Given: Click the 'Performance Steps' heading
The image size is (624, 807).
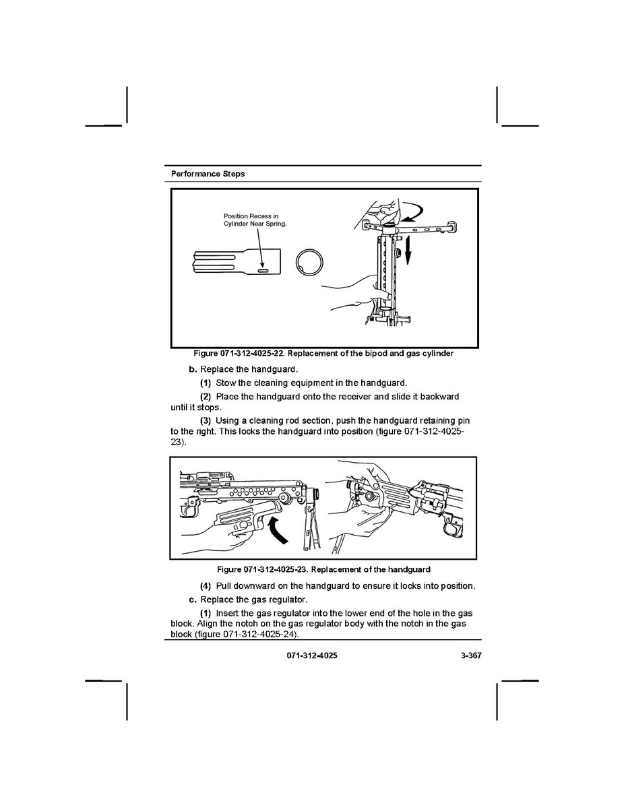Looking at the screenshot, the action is coord(208,174).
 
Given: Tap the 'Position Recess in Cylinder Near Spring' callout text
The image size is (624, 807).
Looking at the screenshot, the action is coord(255,220).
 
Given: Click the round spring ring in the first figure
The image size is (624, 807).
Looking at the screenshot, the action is coord(310,262).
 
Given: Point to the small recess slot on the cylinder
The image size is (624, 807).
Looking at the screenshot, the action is coord(263,270).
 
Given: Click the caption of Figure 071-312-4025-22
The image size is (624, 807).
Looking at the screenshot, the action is coord(323,354).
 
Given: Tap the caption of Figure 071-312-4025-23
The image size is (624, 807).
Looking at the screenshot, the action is coord(323,569).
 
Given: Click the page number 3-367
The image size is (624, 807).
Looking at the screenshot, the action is coord(471,655).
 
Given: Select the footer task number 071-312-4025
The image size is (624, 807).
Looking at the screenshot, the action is coord(312,655).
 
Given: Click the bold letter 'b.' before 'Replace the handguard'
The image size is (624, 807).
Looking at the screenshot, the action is coord(193,369).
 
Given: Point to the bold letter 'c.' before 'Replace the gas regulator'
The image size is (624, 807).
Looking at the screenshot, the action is coord(193,600).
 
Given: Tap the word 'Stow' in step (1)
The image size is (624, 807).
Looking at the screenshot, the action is coord(226,383).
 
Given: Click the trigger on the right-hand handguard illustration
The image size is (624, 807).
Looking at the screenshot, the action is coord(452,529).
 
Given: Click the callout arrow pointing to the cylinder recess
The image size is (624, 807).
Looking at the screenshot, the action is coord(261,248).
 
